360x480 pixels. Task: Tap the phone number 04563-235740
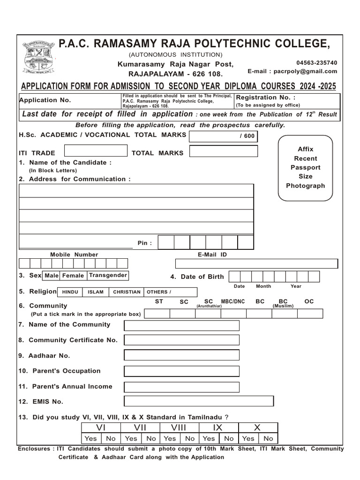(x=316, y=63)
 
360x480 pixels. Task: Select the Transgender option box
(x=108, y=276)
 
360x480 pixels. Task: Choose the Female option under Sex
(x=73, y=276)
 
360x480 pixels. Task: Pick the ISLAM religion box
(x=96, y=292)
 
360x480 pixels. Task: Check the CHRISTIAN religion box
(x=127, y=292)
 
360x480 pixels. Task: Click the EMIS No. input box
(x=199, y=401)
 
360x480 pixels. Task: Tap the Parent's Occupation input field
(x=181, y=371)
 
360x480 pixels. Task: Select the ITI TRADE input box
(x=96, y=151)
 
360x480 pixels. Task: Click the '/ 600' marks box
(x=224, y=136)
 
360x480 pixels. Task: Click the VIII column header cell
(x=179, y=427)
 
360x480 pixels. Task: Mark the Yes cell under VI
(x=90, y=439)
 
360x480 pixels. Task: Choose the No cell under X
(x=268, y=439)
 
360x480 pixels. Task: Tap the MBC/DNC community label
(x=233, y=302)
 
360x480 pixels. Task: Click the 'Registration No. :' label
(x=266, y=97)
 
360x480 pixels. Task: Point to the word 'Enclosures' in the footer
(x=35, y=449)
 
